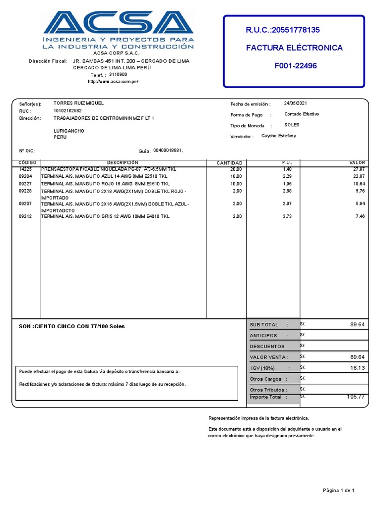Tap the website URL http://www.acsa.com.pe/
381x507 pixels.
[113, 81]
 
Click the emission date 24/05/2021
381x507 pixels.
[296, 103]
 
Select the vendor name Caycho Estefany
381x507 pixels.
[278, 136]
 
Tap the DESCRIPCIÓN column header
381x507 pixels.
[123, 163]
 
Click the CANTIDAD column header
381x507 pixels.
[229, 163]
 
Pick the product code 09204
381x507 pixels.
[25, 176]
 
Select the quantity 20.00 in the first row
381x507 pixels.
[236, 169]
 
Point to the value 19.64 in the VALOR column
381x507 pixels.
[358, 183]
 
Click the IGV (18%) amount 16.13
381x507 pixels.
[357, 368]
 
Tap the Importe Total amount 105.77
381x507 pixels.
[355, 397]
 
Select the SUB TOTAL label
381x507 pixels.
[264, 325]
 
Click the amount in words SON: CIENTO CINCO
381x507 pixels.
[72, 326]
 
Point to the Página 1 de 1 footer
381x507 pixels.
[338, 490]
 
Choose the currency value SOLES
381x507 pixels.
[292, 125]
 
